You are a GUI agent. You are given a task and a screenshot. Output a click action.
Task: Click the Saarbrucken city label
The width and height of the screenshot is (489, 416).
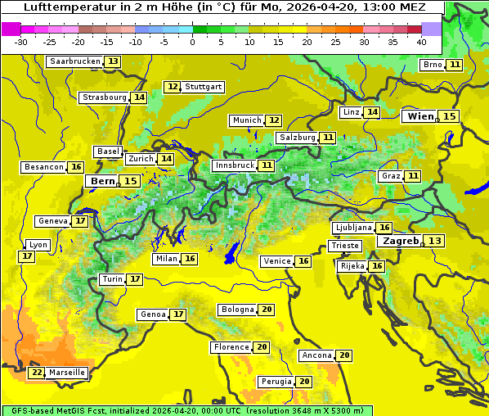(x=74, y=61)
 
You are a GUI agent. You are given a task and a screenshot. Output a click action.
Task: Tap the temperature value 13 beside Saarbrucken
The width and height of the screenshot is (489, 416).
(x=112, y=61)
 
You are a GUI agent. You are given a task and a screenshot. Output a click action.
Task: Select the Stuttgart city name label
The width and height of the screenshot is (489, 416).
(x=204, y=87)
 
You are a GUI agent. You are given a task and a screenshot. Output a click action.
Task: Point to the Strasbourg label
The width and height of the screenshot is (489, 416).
(x=105, y=97)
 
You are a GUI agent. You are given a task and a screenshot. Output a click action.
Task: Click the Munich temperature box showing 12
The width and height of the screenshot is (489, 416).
(x=274, y=120)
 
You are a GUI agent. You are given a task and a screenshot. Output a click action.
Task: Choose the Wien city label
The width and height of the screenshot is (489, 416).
(x=421, y=116)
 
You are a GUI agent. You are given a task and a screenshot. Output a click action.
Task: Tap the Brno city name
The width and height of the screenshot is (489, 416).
(x=432, y=65)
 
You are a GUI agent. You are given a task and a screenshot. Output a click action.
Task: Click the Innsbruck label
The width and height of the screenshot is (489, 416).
(x=234, y=165)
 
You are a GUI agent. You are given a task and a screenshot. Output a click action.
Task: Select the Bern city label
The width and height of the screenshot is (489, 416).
(x=102, y=181)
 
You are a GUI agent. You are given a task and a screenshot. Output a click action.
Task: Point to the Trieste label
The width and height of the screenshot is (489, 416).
(x=344, y=246)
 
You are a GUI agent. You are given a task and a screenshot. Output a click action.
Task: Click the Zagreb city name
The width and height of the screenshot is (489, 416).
(x=401, y=241)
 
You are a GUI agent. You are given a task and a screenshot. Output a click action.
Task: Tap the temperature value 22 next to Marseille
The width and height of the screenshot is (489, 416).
(x=37, y=373)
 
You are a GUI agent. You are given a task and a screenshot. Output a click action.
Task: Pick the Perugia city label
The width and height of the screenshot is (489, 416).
(x=276, y=382)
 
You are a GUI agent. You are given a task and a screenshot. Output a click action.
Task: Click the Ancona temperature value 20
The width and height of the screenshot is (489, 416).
(x=344, y=355)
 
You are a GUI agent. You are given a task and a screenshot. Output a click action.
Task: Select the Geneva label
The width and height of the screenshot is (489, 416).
(x=53, y=221)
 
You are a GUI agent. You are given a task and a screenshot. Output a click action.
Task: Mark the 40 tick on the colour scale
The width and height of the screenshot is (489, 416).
(x=421, y=42)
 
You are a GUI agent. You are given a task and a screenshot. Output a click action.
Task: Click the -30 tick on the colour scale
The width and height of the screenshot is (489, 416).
(x=21, y=42)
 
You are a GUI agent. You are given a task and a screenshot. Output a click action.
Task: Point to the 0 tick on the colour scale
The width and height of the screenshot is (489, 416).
(x=192, y=42)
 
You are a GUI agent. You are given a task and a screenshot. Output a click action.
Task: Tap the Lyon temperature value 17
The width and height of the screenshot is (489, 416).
(x=27, y=256)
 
